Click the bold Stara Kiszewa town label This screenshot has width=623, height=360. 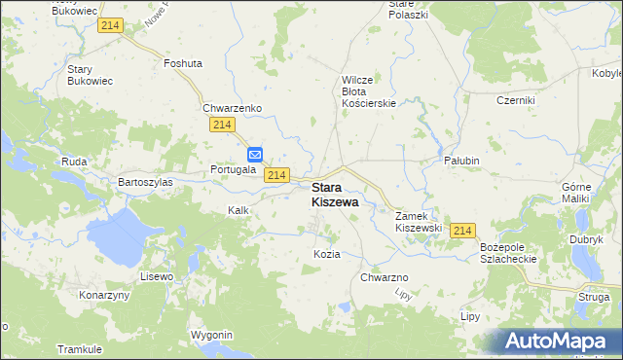click(x=334, y=195)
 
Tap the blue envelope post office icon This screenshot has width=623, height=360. click(x=255, y=154)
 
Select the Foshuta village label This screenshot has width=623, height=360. click(x=183, y=63)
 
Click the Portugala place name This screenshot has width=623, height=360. click(x=233, y=169)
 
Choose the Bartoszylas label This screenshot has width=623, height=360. click(x=145, y=182)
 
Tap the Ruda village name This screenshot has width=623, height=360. click(x=75, y=162)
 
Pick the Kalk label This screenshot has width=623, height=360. click(x=239, y=210)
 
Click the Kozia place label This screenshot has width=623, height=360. click(x=326, y=254)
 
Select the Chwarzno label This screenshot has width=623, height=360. click(x=384, y=278)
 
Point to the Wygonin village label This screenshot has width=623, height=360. click(x=212, y=335)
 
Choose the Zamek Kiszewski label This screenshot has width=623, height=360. click(x=419, y=221)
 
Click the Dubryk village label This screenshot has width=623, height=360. click(x=587, y=238)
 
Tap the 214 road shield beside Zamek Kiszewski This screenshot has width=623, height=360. click(x=463, y=230)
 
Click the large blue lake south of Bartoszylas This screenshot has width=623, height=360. click(x=117, y=238)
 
